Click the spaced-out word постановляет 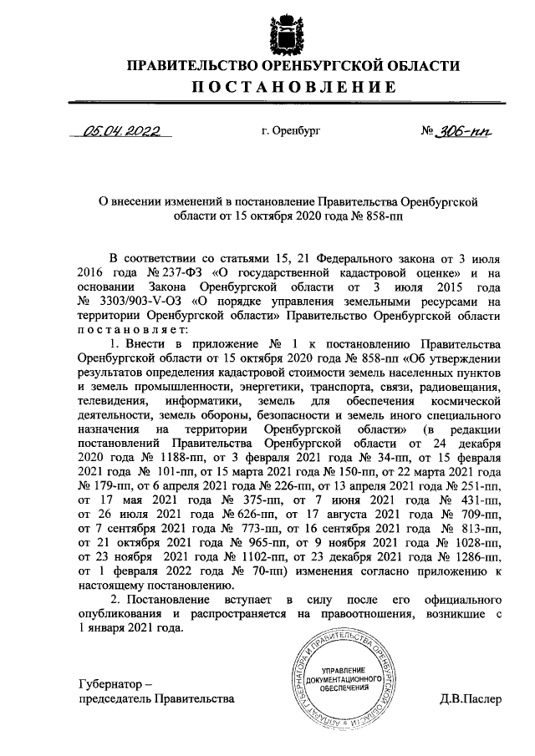[x=134, y=331]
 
